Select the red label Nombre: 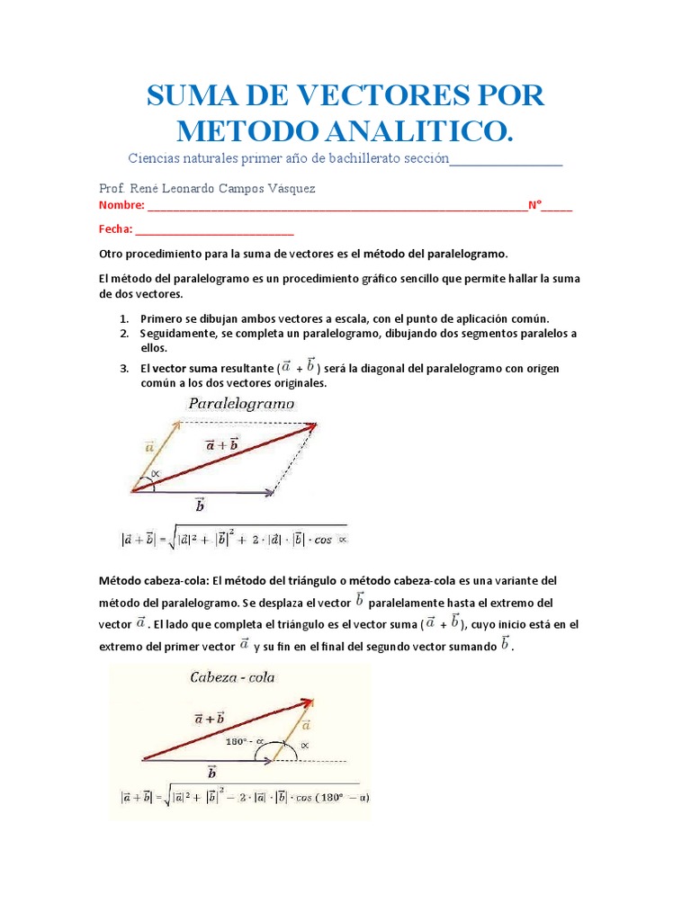121,206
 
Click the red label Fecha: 116,229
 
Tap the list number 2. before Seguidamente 125,334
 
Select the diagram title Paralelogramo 241,404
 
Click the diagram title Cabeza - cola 232,677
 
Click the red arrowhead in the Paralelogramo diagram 310,426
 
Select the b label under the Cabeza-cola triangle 211,773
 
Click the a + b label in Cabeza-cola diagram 209,718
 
